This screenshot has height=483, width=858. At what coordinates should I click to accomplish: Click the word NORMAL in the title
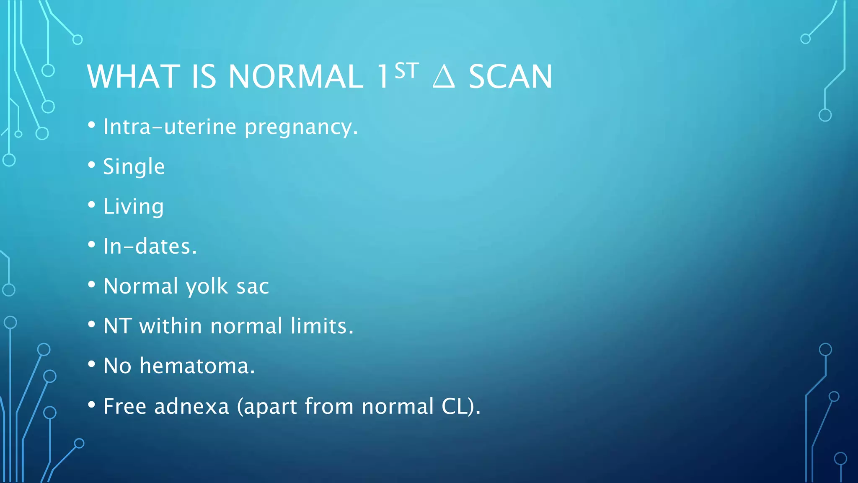295,77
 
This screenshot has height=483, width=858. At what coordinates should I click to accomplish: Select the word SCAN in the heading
510,77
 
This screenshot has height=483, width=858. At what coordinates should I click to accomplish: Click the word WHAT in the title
134,77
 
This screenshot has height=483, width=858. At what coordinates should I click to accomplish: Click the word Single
134,167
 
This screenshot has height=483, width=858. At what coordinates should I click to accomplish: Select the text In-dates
150,246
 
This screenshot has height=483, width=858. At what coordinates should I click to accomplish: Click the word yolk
207,287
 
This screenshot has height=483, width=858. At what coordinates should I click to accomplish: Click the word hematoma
197,366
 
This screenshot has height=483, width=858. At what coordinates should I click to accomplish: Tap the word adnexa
191,406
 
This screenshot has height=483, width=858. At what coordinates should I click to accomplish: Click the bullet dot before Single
92,165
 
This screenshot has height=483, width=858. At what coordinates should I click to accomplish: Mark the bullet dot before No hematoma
92,364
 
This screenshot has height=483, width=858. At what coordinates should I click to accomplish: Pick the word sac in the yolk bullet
253,287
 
